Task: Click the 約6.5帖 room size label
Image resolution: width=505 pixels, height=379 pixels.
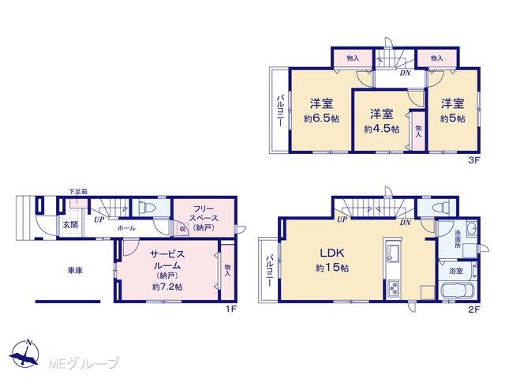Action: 321,118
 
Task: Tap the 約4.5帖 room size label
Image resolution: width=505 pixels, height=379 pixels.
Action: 382,129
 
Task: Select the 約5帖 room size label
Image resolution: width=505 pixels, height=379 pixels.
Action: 452,118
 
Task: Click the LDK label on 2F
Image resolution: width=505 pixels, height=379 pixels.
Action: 332,253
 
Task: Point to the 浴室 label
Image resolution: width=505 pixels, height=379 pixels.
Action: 456,271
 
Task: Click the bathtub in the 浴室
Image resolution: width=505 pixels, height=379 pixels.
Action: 457,291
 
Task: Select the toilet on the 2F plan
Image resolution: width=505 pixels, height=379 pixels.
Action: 440,207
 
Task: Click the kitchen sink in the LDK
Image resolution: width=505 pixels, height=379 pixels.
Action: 393,252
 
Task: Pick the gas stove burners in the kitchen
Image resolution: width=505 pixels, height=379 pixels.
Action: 393,288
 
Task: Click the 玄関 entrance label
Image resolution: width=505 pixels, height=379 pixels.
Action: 70,224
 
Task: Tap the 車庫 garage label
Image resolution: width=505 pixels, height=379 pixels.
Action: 75,270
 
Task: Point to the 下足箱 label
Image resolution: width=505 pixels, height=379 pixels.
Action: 78,191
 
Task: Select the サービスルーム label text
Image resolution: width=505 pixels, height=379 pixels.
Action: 167,260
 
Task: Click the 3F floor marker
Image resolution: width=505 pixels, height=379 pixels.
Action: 473,160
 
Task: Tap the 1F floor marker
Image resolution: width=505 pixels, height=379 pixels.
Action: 231,310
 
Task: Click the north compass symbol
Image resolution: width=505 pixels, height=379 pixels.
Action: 24,353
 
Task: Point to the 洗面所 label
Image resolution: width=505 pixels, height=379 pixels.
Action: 458,238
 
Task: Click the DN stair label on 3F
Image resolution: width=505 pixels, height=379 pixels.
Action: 405,73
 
